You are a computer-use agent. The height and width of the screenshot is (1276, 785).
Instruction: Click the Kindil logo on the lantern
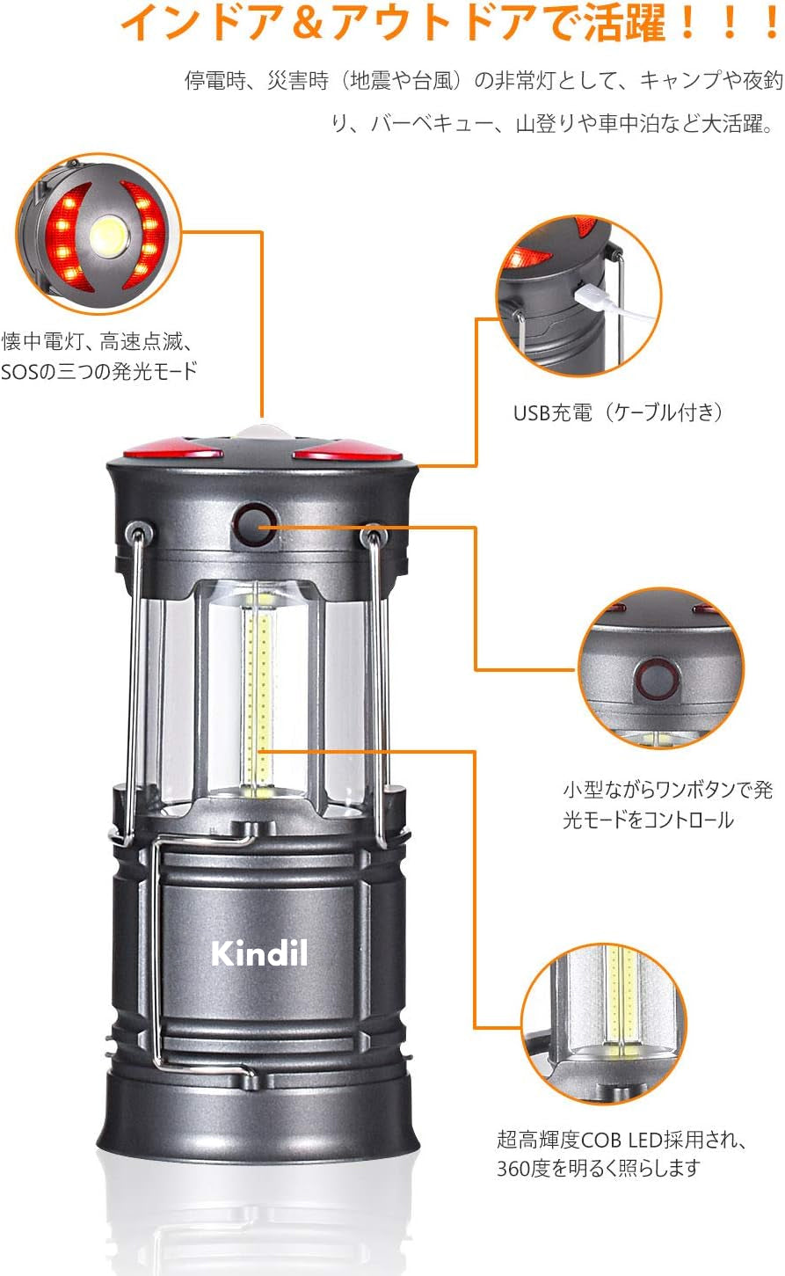click(259, 953)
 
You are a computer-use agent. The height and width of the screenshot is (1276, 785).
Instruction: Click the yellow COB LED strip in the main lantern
click(259, 693)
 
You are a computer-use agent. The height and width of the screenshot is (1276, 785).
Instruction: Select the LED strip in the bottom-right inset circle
click(621, 993)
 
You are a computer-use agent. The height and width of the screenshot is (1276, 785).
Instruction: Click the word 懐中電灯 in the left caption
click(43, 341)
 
